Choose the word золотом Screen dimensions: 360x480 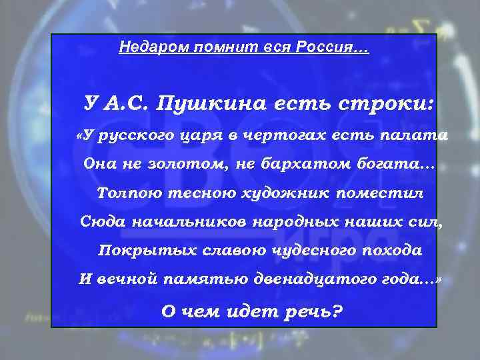click(194, 164)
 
